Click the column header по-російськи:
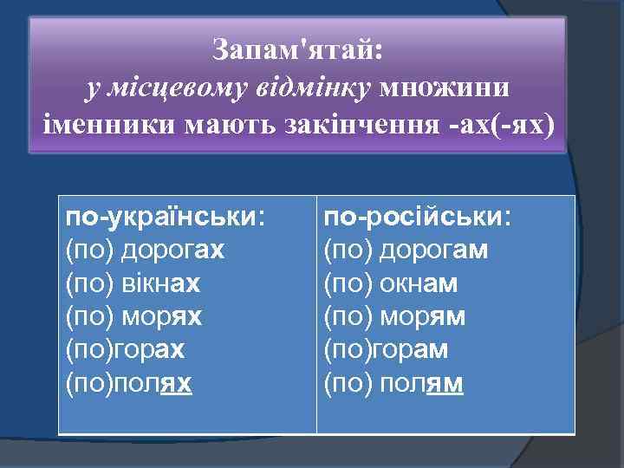(418, 217)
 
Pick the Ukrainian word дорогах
(172, 250)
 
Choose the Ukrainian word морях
(160, 317)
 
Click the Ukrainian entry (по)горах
(125, 350)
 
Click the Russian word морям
(422, 317)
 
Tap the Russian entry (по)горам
(386, 350)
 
